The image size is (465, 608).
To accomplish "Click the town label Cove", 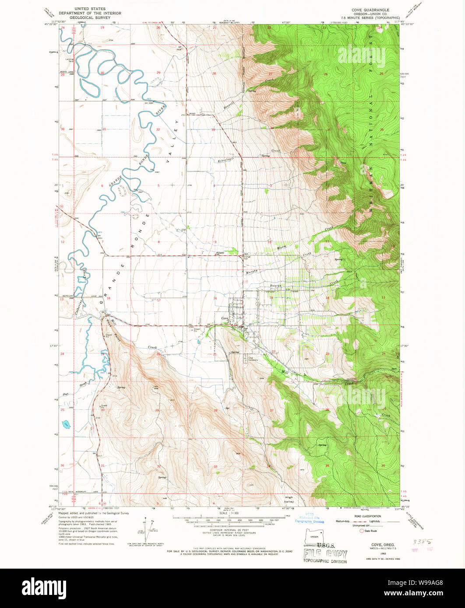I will coord(225,318).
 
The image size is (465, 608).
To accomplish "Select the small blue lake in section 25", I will coord(66,423).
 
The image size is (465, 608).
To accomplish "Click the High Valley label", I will coord(289,499).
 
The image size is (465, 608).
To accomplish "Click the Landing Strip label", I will coord(69,60).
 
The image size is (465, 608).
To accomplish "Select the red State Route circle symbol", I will coord(361,531).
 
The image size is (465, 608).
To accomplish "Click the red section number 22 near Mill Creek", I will coord(274,352).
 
